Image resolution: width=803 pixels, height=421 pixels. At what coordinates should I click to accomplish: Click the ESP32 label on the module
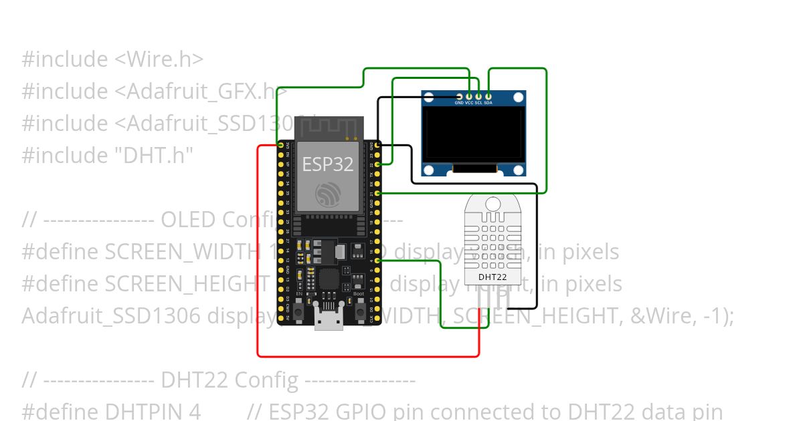point(327,164)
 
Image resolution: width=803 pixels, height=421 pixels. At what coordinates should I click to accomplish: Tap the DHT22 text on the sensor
point(492,276)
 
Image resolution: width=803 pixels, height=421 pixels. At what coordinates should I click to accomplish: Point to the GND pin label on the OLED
point(459,103)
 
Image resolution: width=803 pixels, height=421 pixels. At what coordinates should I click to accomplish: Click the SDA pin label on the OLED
point(488,103)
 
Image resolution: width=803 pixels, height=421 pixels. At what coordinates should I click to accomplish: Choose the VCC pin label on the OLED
point(469,103)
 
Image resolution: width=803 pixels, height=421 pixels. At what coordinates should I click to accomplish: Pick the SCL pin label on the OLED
point(478,103)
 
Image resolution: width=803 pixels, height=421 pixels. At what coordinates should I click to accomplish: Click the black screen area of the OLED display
point(473,136)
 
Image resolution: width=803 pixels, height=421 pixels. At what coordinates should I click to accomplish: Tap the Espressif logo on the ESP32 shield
point(329,194)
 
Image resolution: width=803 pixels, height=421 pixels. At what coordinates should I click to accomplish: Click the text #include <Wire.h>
point(112,59)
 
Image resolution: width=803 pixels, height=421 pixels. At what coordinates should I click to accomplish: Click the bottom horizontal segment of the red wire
point(368,356)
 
